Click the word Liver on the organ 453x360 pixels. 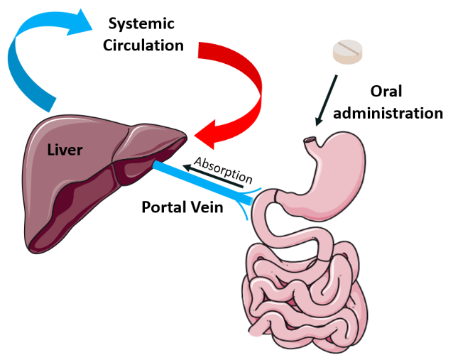coord(65,149)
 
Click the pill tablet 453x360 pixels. coord(352,50)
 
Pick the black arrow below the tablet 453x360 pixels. coord(329,100)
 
